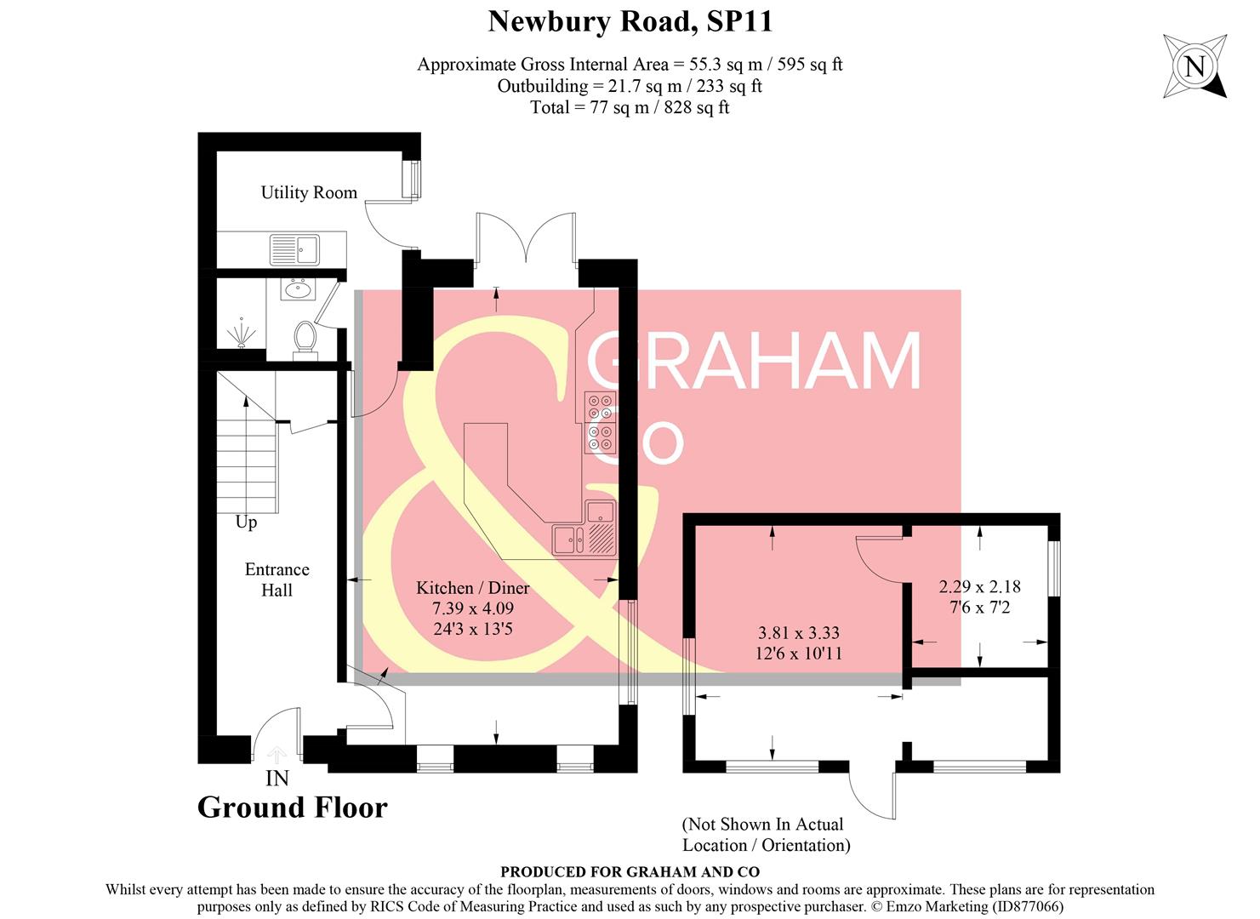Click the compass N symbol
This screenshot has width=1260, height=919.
[1195, 66]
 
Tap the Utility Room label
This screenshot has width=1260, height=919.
[309, 192]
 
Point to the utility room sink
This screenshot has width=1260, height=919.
[294, 249]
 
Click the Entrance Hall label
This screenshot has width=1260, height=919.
[277, 579]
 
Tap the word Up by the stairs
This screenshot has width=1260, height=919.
[246, 522]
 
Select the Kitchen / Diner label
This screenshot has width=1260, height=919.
[472, 588]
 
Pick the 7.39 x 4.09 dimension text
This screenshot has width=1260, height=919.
[472, 608]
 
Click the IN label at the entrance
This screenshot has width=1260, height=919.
[277, 778]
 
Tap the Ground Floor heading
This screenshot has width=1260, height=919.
[292, 808]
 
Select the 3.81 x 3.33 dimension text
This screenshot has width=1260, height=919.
[799, 633]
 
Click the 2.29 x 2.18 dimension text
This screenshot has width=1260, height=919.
[979, 586]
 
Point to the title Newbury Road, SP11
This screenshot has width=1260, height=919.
[630, 21]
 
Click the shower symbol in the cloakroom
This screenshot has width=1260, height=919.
[243, 332]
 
